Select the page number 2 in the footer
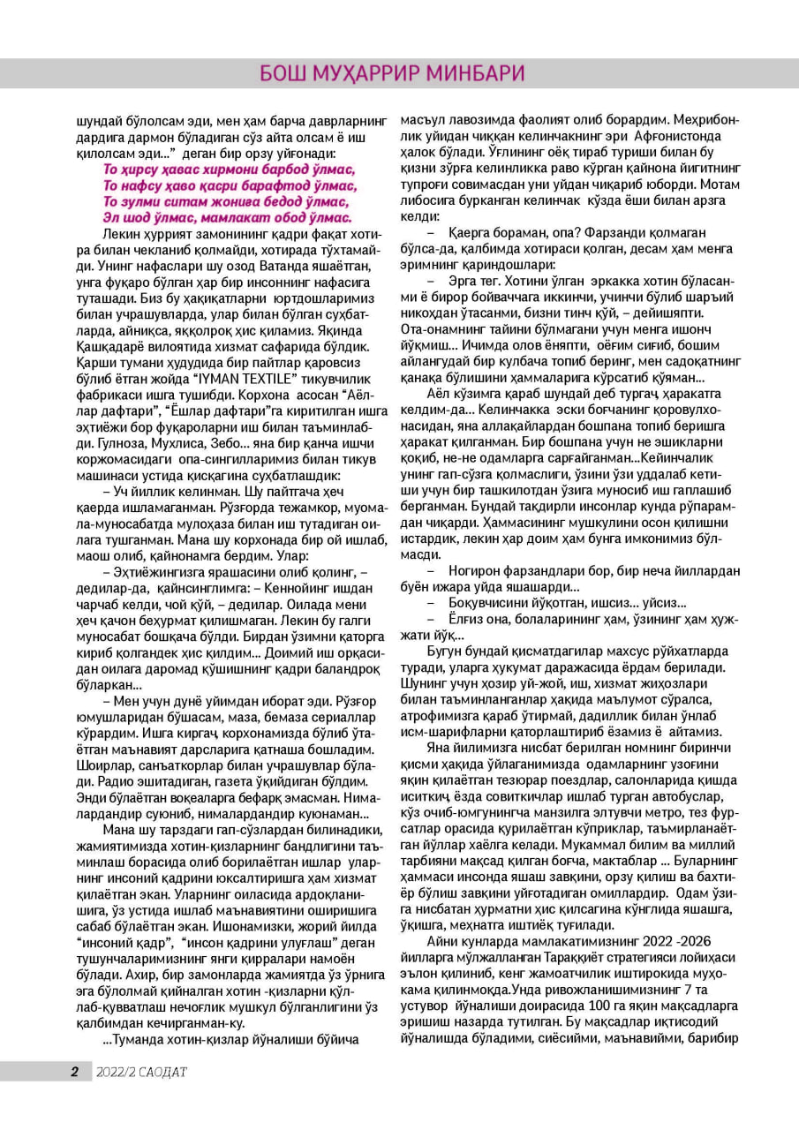click(75, 1073)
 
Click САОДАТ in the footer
click(162, 1073)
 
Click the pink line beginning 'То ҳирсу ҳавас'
click(230, 169)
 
